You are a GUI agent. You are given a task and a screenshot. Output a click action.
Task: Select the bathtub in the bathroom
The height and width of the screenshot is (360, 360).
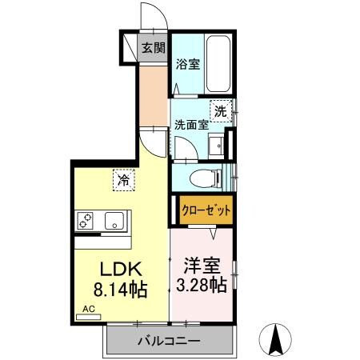(x=218, y=64)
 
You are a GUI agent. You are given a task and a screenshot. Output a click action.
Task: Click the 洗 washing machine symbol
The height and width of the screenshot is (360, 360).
(x=220, y=112)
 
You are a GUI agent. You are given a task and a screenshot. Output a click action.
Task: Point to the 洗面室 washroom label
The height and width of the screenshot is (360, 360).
(x=191, y=125)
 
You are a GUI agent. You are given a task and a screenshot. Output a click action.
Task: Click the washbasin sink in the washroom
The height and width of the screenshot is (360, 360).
(x=216, y=143)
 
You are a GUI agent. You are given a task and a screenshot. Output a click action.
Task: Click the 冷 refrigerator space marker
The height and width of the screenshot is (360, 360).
(x=123, y=180)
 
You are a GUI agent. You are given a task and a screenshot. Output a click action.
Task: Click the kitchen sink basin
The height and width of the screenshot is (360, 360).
(x=112, y=218)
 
